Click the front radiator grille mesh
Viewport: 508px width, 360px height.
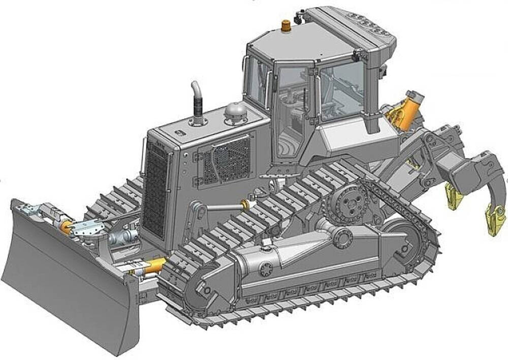[155, 190]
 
